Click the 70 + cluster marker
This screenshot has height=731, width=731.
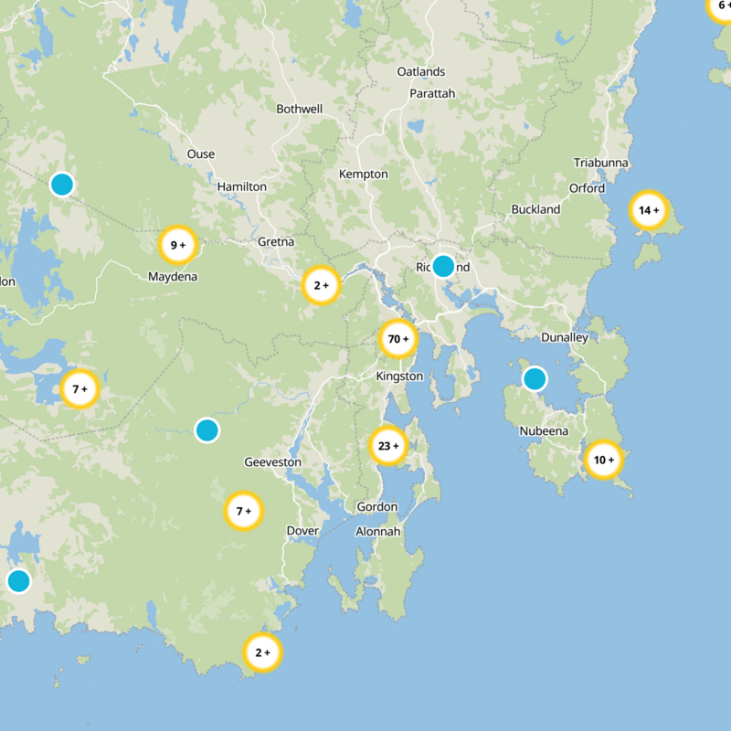tap(398, 340)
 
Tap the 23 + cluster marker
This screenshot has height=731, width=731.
tap(387, 447)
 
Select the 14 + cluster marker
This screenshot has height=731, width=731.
tap(648, 210)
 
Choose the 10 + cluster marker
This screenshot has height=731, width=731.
tap(603, 460)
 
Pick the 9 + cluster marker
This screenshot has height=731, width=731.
tap(177, 245)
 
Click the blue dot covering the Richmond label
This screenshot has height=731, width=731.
tap(443, 266)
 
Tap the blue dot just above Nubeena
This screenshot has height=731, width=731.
tap(535, 378)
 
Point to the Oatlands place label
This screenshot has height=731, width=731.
tap(421, 71)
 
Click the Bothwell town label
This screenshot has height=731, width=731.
tap(300, 109)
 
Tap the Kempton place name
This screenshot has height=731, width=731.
tap(364, 174)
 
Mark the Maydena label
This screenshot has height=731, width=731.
tap(173, 276)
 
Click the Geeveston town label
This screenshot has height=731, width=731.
tap(272, 462)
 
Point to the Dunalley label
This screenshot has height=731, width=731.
tap(565, 337)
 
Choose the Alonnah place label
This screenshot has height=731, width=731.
tap(377, 531)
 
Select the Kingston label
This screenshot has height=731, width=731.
tap(399, 376)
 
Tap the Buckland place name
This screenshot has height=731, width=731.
tap(535, 209)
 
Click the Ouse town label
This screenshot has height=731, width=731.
tap(201, 154)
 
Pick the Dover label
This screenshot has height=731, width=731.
tap(302, 531)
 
